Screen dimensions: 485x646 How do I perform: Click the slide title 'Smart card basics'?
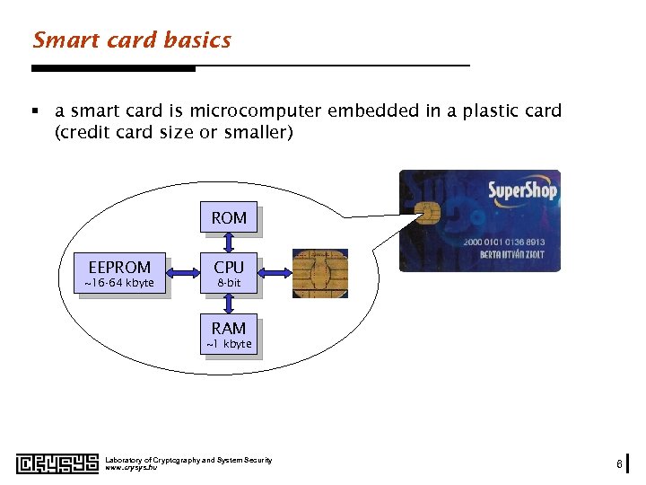pos(132,40)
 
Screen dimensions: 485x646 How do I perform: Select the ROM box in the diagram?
pos(229,217)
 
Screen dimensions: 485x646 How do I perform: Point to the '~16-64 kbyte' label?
pos(119,284)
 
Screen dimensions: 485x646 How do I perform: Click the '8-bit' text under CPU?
pos(229,284)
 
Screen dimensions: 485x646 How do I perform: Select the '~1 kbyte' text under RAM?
pos(229,345)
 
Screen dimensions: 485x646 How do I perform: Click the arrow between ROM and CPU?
pos(229,242)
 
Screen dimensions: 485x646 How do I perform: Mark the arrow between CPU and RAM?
pos(229,304)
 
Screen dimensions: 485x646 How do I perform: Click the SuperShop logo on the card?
pos(521,191)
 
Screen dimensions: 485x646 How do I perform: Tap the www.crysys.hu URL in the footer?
pos(131,468)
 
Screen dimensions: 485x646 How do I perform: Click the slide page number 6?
pos(619,463)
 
